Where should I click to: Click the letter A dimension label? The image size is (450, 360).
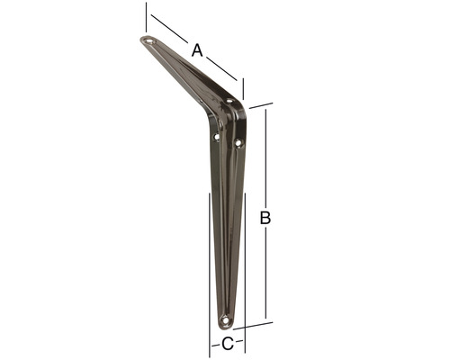click(197, 50)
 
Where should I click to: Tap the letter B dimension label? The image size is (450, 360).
click(265, 217)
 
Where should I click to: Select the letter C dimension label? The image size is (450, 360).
click(228, 343)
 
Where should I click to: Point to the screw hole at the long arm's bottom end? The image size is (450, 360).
click(225, 319)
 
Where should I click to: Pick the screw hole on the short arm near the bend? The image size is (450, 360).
click(229, 102)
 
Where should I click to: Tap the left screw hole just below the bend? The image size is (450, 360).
click(216, 137)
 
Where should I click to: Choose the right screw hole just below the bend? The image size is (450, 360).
click(238, 142)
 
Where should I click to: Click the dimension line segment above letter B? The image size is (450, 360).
click(265, 157)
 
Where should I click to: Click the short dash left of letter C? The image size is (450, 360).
click(215, 343)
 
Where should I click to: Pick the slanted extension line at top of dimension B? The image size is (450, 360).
click(261, 105)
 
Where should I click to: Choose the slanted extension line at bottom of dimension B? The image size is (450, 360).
click(256, 325)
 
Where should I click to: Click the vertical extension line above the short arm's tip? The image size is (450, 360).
click(146, 16)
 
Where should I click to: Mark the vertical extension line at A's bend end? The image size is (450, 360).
click(244, 87)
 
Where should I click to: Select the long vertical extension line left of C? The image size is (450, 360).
click(210, 270)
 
